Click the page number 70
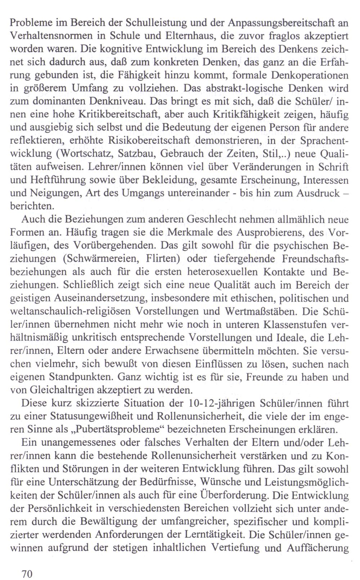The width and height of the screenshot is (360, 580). (27, 574)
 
